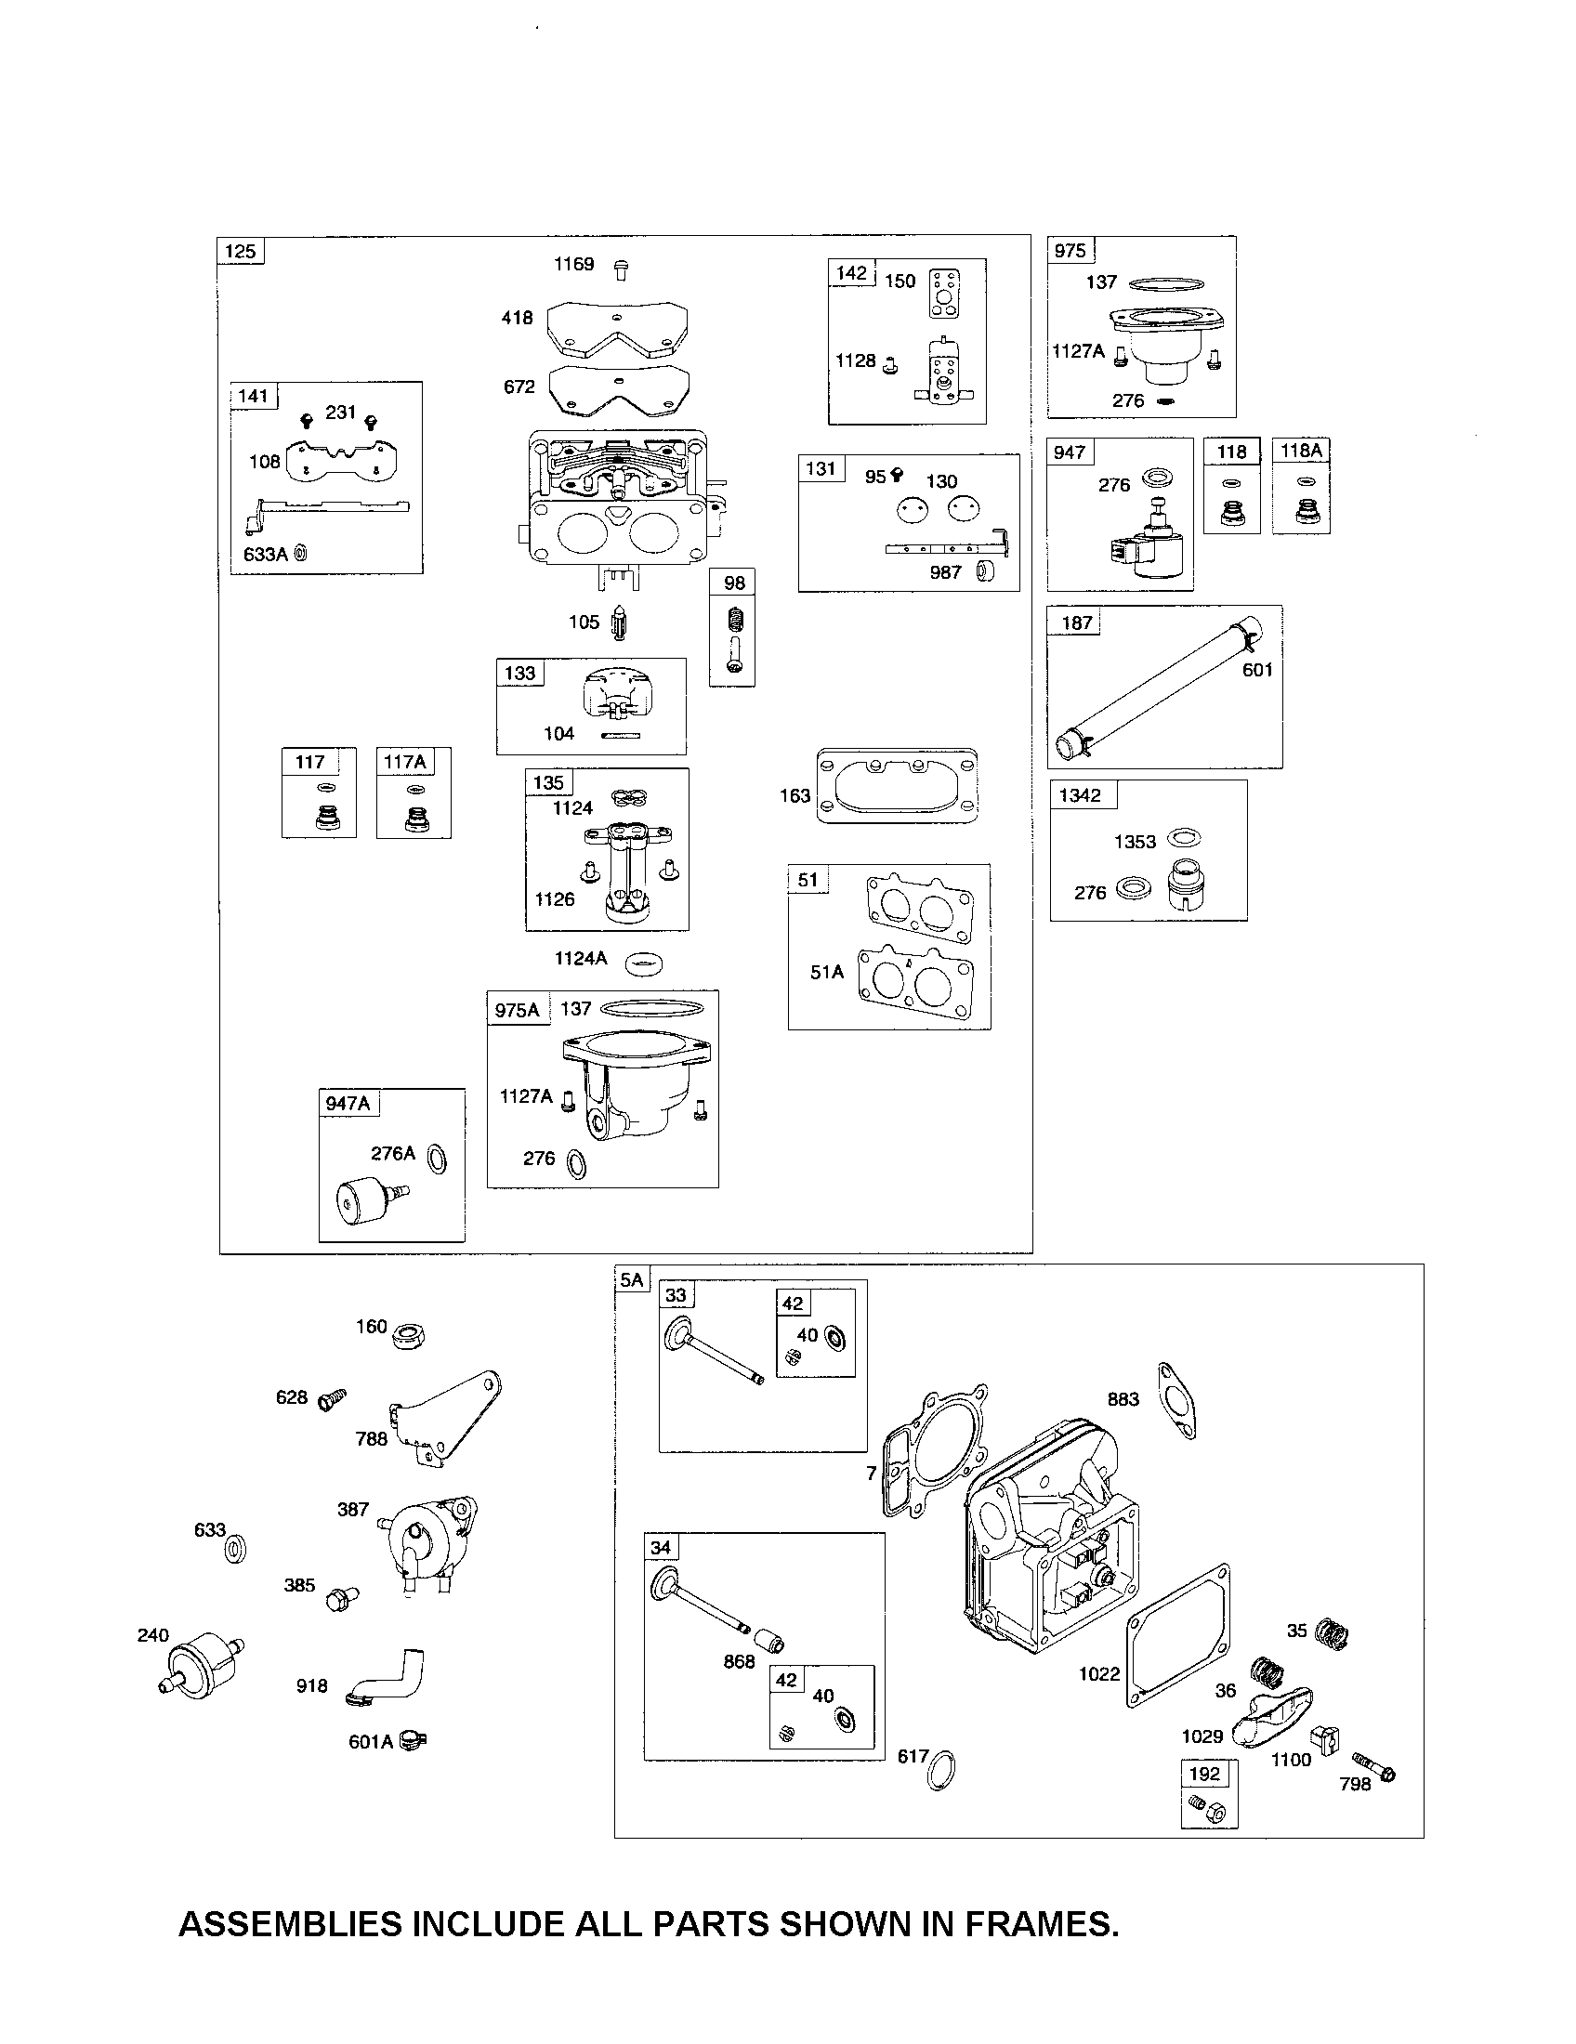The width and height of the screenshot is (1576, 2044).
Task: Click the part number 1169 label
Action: (x=572, y=264)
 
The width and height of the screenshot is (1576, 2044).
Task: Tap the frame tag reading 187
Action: (x=1076, y=623)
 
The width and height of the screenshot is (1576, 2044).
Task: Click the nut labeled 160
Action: (x=409, y=1335)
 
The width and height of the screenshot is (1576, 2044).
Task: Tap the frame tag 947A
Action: (x=348, y=1104)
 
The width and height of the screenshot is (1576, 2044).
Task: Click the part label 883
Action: (x=1123, y=1399)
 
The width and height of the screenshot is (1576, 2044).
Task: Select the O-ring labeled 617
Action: (x=940, y=1769)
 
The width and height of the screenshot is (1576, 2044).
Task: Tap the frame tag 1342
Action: (x=1080, y=795)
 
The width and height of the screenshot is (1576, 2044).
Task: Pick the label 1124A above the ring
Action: (x=580, y=959)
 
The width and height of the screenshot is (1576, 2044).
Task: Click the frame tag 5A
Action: (x=632, y=1279)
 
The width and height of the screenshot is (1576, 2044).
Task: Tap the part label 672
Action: (x=519, y=387)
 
